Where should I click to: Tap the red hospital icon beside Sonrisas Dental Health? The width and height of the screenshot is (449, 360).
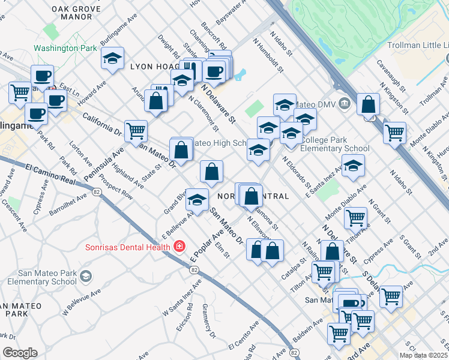(179, 246)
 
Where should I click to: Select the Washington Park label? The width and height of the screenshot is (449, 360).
(65, 48)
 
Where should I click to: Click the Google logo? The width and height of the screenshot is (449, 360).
(20, 353)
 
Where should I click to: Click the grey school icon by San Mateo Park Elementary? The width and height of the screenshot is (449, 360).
(86, 277)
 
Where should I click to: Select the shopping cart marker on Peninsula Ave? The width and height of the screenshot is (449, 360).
(136, 130)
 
